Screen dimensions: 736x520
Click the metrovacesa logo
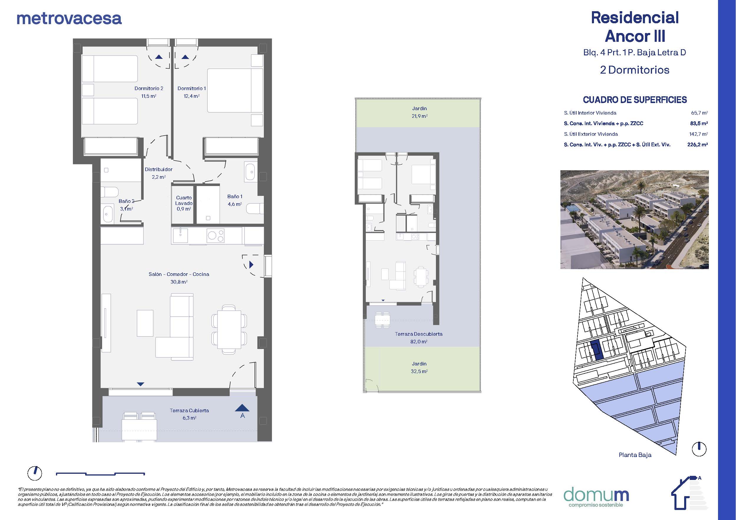coord(69,19)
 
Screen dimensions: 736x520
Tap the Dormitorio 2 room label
coord(149,88)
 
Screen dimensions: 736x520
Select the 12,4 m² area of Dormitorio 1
coord(192,96)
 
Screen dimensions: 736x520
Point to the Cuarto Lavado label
coord(184,201)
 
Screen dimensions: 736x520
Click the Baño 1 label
coord(235,196)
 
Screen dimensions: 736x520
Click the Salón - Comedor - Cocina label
coord(179,274)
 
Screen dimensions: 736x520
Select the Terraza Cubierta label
coord(189,410)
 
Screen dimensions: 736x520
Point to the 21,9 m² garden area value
coord(420,116)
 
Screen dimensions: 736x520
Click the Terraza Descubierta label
coord(419,334)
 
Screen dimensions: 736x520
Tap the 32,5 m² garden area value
coord(419,371)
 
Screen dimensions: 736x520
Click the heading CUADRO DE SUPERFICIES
coord(635,100)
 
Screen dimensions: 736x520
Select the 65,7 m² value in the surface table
coord(699,113)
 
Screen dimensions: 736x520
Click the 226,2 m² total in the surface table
coord(697,145)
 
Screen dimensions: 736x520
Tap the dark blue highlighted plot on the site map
coord(597,350)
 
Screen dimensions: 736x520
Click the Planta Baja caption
coord(635,455)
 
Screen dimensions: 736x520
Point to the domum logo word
coord(596,495)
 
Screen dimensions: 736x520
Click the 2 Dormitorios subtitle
coord(635,70)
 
